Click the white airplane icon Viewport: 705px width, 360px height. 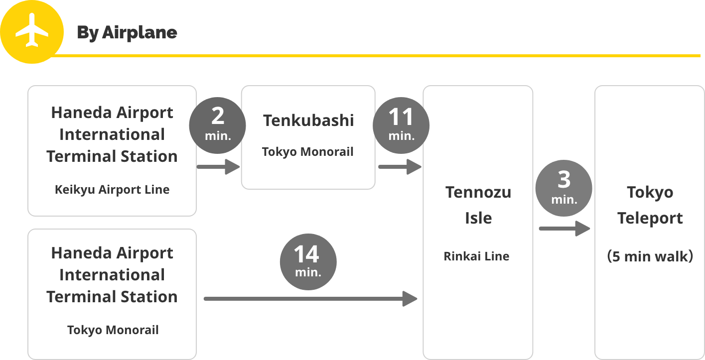[x=32, y=30]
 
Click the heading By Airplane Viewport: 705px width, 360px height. [x=127, y=33]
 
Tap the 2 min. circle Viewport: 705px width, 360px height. [x=218, y=125]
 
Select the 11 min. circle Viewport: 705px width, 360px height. [x=401, y=125]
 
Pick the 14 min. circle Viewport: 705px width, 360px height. [x=308, y=261]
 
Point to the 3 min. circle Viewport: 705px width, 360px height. [x=564, y=188]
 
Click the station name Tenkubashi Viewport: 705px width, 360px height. [x=308, y=120]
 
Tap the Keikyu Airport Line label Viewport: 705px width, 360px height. [x=112, y=190]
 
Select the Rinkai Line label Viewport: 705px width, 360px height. [x=476, y=256]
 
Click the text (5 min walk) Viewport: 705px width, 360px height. [x=650, y=256]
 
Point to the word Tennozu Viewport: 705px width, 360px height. [x=478, y=192]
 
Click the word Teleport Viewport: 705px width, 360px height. [x=650, y=219]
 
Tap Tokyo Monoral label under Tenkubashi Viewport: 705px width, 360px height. [x=308, y=152]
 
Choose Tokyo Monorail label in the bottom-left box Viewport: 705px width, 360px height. [x=113, y=330]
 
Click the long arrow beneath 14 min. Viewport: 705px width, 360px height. [x=310, y=299]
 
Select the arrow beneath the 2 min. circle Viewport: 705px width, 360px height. [x=218, y=167]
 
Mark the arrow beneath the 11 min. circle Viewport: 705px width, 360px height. [x=400, y=167]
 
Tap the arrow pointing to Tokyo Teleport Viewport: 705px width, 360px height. [x=564, y=229]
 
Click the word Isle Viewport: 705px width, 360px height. [x=478, y=218]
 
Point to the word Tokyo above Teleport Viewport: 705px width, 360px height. [x=650, y=193]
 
